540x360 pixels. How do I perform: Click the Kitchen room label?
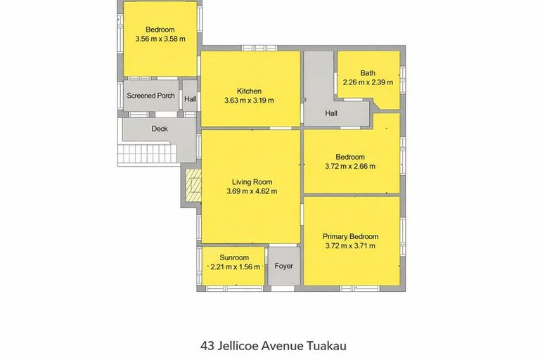click(249, 91)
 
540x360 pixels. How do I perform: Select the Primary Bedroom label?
click(350, 236)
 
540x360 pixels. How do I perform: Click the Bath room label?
click(368, 73)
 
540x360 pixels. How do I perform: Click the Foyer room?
click(284, 266)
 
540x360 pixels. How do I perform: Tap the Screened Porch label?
click(150, 96)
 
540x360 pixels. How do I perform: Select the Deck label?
click(160, 129)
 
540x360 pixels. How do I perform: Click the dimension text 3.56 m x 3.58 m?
click(160, 39)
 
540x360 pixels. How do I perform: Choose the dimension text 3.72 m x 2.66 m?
click(350, 167)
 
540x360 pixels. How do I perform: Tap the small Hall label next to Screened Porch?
click(190, 100)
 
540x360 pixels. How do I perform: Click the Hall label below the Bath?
click(332, 113)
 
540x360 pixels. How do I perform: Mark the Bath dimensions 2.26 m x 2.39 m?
click(368, 82)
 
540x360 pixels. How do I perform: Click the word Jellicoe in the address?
click(238, 346)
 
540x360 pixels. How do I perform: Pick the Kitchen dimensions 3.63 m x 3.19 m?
click(249, 101)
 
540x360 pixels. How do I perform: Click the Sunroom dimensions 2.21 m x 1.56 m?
click(235, 267)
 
